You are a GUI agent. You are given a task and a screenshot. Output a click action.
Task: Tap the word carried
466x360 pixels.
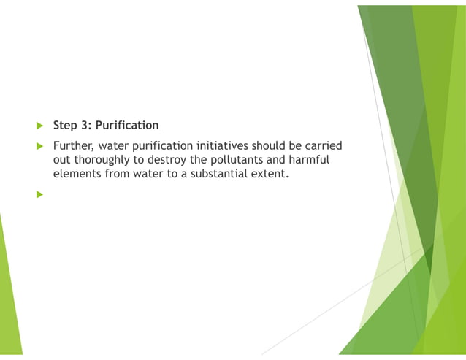[321, 146]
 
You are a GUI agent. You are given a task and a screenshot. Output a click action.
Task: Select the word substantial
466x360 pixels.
[221, 175]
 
